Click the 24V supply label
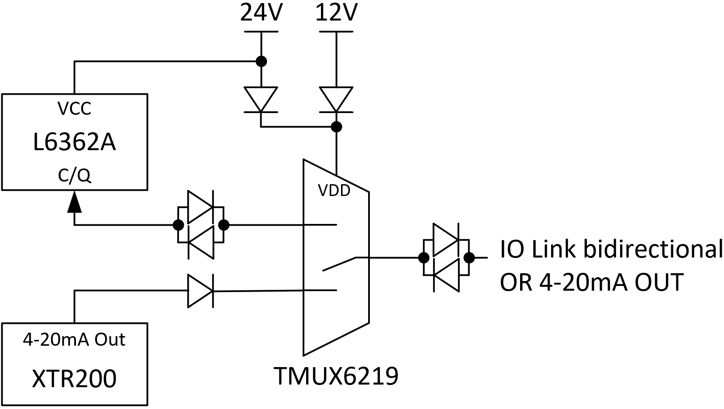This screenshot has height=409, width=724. click(x=261, y=13)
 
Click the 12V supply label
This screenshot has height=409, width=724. click(x=337, y=13)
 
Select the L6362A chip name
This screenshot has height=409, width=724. click(x=74, y=143)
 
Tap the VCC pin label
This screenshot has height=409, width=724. click(x=74, y=109)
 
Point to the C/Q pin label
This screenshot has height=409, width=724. click(x=74, y=176)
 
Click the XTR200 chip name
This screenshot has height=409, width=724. click(x=74, y=378)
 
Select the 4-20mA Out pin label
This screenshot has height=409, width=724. click(x=74, y=340)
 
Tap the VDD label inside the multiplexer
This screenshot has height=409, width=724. click(x=334, y=191)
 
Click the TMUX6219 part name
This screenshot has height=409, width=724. click(x=336, y=376)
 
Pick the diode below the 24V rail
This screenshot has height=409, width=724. click(x=261, y=100)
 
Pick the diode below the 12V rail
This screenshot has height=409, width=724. click(x=336, y=100)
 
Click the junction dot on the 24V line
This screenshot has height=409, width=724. click(x=261, y=61)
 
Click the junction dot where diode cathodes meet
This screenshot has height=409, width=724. click(x=337, y=127)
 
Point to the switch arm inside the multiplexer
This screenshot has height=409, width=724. click(x=339, y=264)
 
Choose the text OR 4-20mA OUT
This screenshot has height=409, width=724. click(x=592, y=282)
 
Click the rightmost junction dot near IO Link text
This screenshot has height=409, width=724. click(x=469, y=258)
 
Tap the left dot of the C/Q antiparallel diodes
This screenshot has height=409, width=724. click(x=179, y=225)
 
